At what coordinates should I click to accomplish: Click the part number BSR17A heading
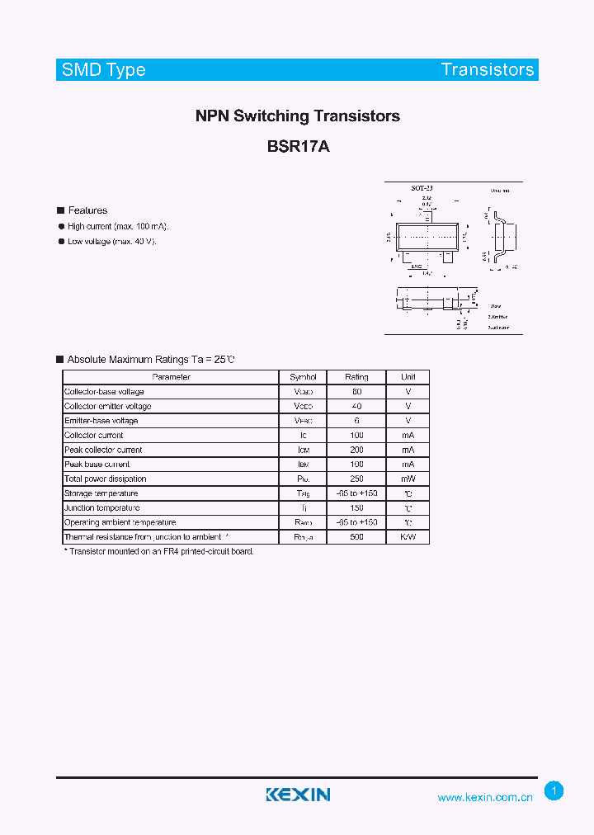(x=298, y=147)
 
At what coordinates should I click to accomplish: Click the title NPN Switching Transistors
(x=298, y=116)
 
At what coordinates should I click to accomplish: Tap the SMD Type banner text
(x=103, y=70)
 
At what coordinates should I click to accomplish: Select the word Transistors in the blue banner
(x=488, y=70)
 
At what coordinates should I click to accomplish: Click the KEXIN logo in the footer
(x=298, y=795)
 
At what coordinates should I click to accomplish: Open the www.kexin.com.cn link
(x=485, y=798)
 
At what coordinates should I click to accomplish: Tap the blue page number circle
(x=554, y=791)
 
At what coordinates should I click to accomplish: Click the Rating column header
(x=356, y=377)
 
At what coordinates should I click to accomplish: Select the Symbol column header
(x=304, y=377)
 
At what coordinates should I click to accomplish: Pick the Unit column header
(x=408, y=377)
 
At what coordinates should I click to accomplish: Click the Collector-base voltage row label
(x=104, y=392)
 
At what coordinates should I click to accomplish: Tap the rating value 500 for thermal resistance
(x=356, y=537)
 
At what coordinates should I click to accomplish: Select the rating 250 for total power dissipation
(x=356, y=479)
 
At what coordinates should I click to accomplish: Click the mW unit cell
(x=408, y=479)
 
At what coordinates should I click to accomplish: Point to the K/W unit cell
(x=408, y=537)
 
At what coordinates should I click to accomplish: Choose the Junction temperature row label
(x=102, y=508)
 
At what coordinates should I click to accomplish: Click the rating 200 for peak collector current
(x=356, y=451)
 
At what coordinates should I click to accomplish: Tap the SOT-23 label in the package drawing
(x=422, y=189)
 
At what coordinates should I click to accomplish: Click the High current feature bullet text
(x=119, y=226)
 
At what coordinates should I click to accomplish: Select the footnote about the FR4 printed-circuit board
(x=159, y=551)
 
